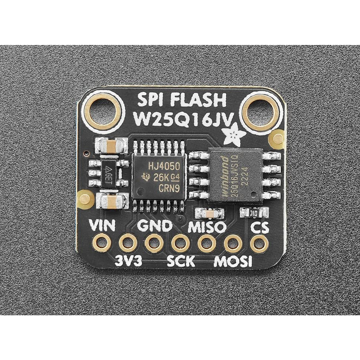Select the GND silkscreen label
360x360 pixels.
tap(155, 226)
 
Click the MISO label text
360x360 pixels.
tap(207, 227)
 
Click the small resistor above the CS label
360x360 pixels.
tap(253, 213)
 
